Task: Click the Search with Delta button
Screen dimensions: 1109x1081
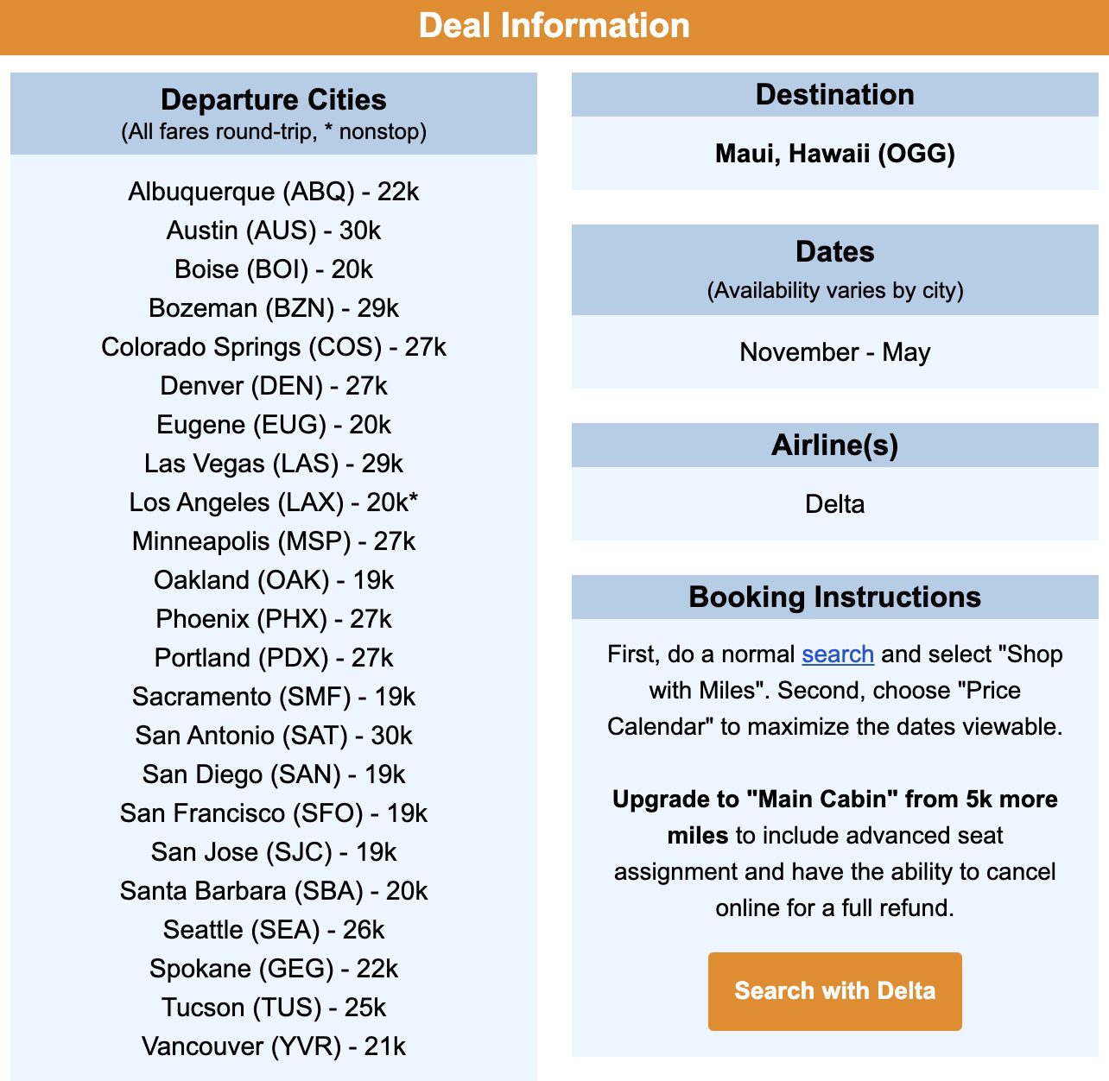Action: [x=834, y=990]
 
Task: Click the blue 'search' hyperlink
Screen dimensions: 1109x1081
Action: [x=837, y=654]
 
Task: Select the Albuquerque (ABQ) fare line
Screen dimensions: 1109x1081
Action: [x=273, y=192]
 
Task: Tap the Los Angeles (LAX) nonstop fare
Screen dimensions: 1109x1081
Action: [x=273, y=503]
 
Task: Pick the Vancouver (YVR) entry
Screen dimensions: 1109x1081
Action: [x=273, y=1046]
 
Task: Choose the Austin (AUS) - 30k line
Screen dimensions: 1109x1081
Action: [x=273, y=231]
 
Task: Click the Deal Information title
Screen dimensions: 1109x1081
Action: [x=554, y=26]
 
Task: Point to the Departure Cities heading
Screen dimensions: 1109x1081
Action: [x=273, y=100]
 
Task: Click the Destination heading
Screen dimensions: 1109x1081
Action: [x=834, y=95]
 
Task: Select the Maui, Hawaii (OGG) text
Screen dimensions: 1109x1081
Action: [x=834, y=154]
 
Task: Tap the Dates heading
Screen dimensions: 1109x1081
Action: [x=834, y=252]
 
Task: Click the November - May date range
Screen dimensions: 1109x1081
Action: [x=834, y=352]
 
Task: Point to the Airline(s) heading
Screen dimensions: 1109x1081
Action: [x=834, y=446]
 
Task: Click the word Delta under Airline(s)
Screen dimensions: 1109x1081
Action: [x=834, y=504]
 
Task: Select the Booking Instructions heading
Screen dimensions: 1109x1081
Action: [x=834, y=597]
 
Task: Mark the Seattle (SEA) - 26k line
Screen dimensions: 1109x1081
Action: [x=273, y=930]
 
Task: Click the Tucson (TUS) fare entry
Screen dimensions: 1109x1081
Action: [x=273, y=1008]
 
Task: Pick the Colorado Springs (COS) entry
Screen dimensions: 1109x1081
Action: [x=273, y=347]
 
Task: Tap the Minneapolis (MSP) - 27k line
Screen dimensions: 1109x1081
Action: [x=273, y=541]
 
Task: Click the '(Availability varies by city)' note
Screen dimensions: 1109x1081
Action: [x=834, y=291]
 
